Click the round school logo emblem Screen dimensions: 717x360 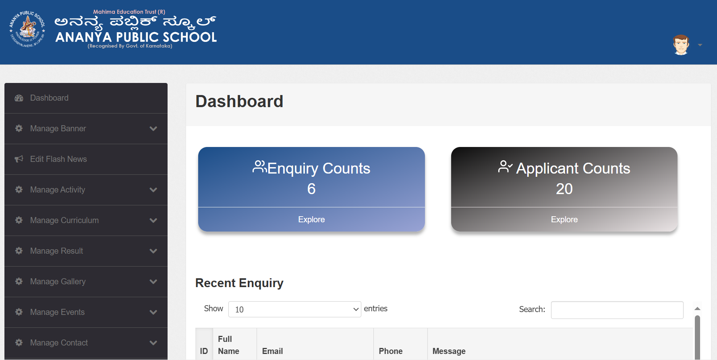(x=27, y=29)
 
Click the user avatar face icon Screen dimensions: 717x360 (x=681, y=45)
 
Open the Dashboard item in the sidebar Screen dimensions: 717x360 (x=49, y=98)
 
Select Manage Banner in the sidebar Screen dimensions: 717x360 (x=58, y=128)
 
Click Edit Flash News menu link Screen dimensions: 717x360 (x=58, y=159)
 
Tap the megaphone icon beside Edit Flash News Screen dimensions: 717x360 (x=19, y=159)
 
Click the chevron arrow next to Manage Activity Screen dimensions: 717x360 (x=153, y=190)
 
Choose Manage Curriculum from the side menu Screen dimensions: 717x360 (x=64, y=220)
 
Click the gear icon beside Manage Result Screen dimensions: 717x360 (x=19, y=250)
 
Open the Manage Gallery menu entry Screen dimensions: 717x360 (x=58, y=281)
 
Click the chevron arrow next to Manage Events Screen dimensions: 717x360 (x=153, y=312)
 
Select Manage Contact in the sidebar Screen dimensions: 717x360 (x=59, y=343)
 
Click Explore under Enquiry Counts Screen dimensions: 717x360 (x=311, y=219)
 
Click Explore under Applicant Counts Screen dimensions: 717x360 (x=564, y=219)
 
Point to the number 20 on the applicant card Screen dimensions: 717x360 (x=564, y=189)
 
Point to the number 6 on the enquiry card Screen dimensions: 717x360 (x=311, y=189)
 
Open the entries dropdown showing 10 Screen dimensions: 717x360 (x=294, y=309)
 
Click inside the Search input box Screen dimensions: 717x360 (x=617, y=310)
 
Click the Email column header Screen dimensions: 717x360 (x=272, y=351)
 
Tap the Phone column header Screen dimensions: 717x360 (x=391, y=351)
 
